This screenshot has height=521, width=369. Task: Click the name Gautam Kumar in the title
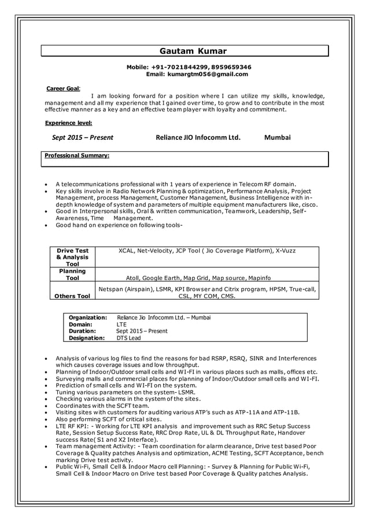coord(184,51)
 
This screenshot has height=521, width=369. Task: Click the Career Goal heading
coord(62,88)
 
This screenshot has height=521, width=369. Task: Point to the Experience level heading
coord(68,122)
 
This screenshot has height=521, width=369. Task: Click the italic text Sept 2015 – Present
coord(82,137)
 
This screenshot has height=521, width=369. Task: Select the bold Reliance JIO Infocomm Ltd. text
coord(197,137)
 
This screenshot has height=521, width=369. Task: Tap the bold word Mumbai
coord(277,137)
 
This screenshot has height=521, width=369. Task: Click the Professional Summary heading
coord(77,155)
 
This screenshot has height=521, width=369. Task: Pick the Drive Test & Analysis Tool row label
coord(72,257)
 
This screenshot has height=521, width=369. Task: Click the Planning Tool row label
coord(72,274)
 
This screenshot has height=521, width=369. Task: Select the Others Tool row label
coord(72,296)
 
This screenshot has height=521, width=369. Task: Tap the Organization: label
coord(87,318)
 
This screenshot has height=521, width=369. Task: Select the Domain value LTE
coord(121,325)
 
